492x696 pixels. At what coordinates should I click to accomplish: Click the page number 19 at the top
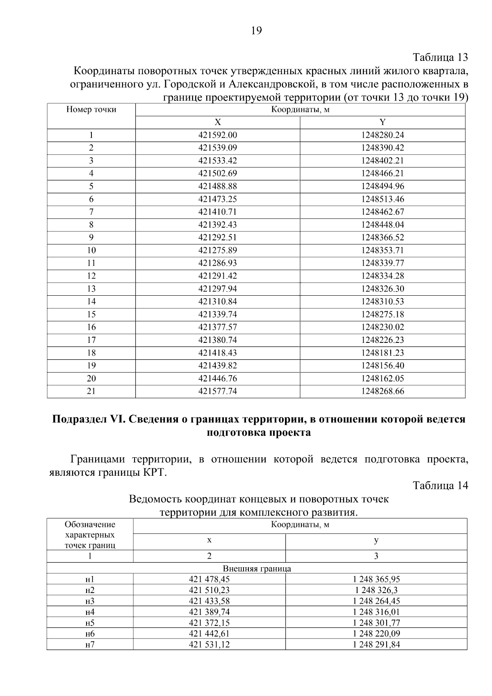[x=256, y=31]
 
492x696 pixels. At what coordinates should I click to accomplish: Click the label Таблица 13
[x=440, y=57]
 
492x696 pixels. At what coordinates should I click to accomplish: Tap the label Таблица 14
[x=440, y=486]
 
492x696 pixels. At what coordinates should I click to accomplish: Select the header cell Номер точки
[x=91, y=110]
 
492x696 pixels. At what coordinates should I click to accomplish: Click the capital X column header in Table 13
[x=218, y=122]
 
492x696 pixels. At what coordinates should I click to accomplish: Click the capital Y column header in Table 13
[x=382, y=122]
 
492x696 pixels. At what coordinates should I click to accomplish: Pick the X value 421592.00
[x=218, y=135]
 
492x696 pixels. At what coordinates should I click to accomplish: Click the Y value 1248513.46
[x=382, y=199]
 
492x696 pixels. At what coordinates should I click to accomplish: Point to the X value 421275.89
[x=218, y=250]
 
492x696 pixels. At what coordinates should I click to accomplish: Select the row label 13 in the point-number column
[x=91, y=289]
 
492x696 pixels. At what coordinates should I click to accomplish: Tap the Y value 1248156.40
[x=382, y=365]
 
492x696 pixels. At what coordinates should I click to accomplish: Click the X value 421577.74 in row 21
[x=218, y=391]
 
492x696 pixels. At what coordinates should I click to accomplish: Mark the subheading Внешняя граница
[x=257, y=569]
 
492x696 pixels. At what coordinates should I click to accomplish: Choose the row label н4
[x=90, y=612]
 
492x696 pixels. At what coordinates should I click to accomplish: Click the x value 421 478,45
[x=209, y=579]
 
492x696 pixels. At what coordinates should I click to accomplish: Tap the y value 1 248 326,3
[x=376, y=590]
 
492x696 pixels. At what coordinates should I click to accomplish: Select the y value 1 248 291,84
[x=376, y=644]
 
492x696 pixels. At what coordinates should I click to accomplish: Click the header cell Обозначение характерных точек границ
[x=90, y=535]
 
